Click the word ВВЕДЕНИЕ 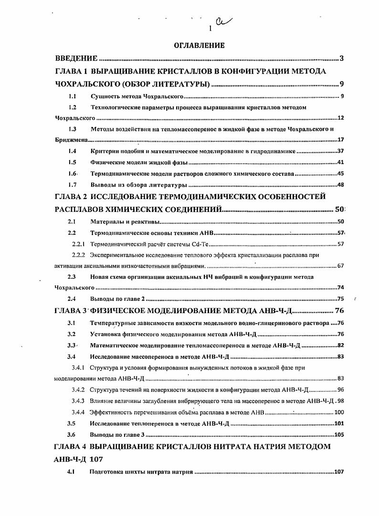[x=76, y=59]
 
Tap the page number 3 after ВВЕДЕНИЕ [x=341, y=59]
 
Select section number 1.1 [x=72, y=97]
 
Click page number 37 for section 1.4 [x=341, y=151]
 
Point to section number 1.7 [x=72, y=185]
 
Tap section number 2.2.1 [x=78, y=244]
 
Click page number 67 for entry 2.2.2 [x=340, y=266]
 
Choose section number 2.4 [x=72, y=299]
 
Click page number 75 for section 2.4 [x=340, y=299]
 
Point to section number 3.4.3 [x=78, y=400]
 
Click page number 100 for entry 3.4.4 [x=339, y=412]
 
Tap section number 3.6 [x=72, y=434]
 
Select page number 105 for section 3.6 [x=339, y=434]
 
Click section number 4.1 [x=72, y=472]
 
